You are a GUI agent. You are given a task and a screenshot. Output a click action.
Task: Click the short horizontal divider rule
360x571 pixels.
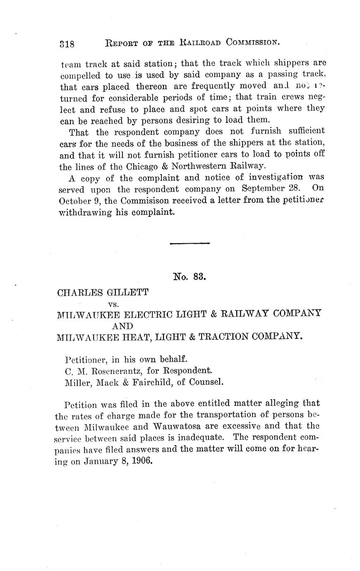(x=190, y=243)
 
